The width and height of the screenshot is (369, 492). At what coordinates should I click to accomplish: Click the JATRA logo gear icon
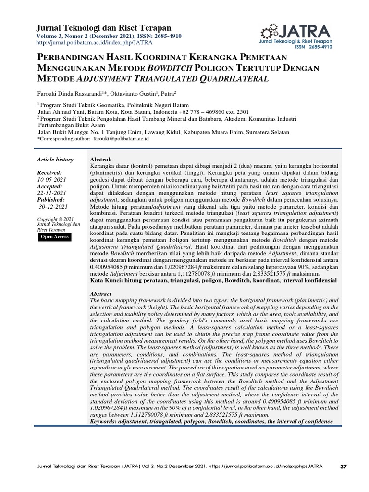tap(268, 31)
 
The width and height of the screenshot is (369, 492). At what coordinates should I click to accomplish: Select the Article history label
tap(55, 160)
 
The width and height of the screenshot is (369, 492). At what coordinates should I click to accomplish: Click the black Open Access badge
tap(55, 237)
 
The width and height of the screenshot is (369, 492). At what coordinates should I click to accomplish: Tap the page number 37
tap(343, 466)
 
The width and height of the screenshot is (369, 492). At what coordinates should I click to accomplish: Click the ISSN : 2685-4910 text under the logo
tap(313, 47)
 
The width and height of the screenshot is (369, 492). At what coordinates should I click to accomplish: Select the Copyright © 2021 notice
tap(55, 219)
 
